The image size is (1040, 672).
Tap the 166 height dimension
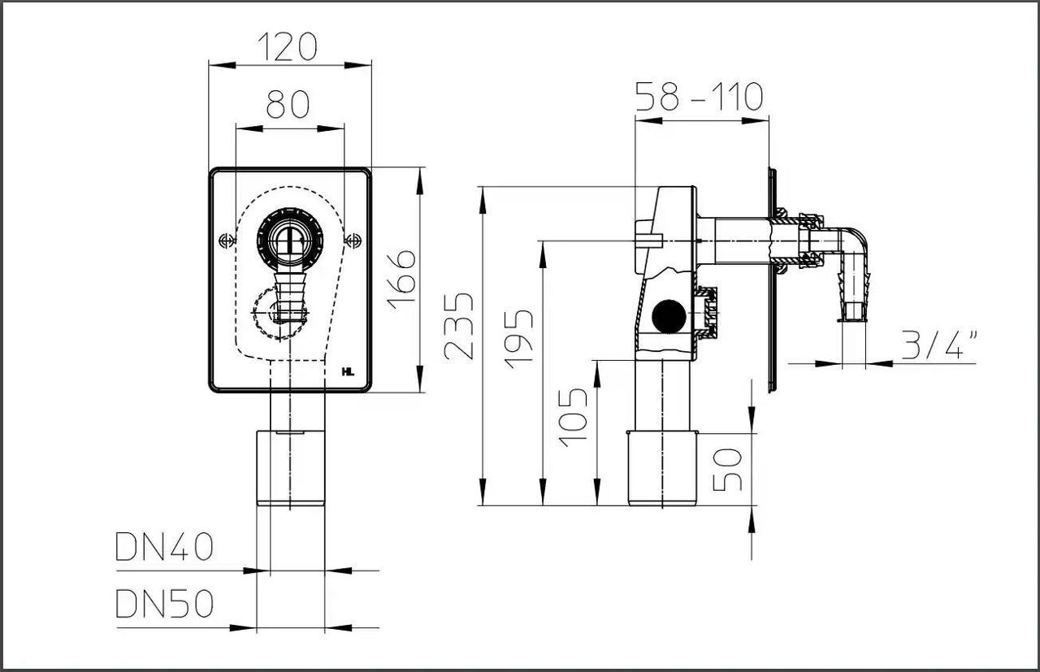[401, 277]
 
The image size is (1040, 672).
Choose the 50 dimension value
[728, 469]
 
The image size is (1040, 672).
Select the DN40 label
[164, 548]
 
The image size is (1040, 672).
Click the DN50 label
[164, 604]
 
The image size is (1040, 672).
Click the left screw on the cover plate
[227, 241]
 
